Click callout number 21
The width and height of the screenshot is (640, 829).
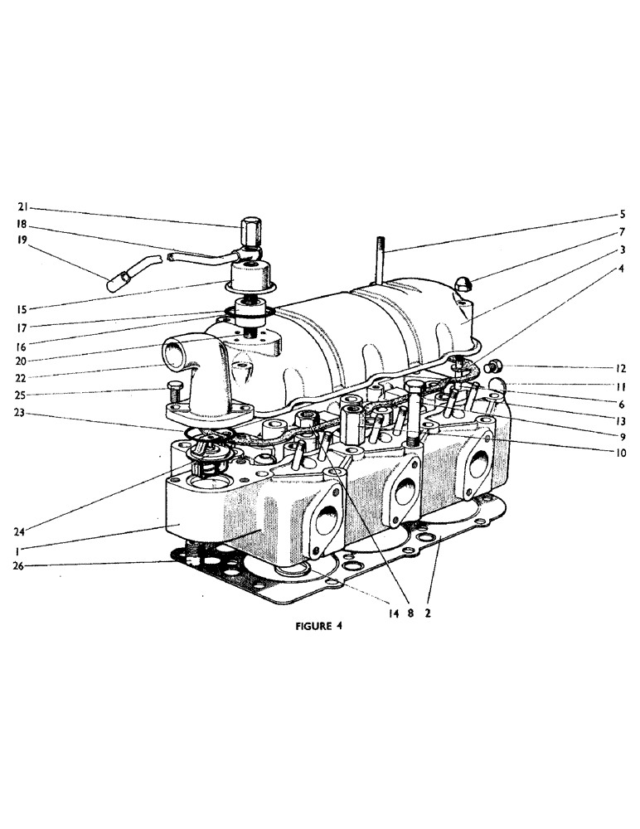pyautogui.click(x=23, y=208)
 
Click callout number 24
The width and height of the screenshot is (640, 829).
pyautogui.click(x=23, y=531)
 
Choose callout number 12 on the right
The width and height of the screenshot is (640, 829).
pyautogui.click(x=620, y=367)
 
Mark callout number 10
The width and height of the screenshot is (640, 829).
pyautogui.click(x=620, y=453)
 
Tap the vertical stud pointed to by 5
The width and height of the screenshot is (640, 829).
pyautogui.click(x=381, y=259)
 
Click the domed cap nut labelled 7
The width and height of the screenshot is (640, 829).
pyautogui.click(x=463, y=284)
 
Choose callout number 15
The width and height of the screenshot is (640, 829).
pyautogui.click(x=23, y=308)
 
